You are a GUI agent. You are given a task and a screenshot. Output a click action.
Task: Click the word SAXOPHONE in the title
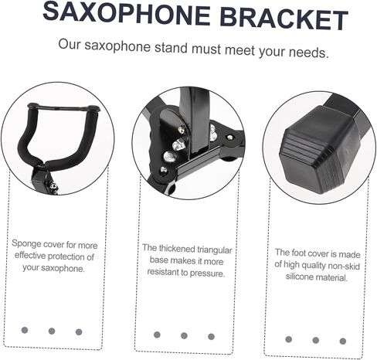coord(127,13)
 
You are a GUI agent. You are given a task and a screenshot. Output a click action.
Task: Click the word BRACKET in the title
coord(284,19)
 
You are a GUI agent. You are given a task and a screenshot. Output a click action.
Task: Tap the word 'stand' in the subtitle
coord(171,48)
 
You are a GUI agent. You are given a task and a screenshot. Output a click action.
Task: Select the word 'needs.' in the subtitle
coord(309,53)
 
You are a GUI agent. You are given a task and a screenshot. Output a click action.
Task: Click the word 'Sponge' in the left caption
coord(26,243)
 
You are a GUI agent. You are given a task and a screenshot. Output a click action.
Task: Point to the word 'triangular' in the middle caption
coord(214,250)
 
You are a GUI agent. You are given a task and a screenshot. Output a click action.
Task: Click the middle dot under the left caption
coord(52,331)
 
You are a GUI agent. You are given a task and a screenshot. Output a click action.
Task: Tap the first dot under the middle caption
coord(157,335)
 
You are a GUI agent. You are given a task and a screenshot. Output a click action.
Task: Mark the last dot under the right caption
coord(343,341)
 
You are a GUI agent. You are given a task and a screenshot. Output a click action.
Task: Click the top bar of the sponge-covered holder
coord(63,107)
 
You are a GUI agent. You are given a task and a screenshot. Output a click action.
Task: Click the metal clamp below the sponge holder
coord(44,181)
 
